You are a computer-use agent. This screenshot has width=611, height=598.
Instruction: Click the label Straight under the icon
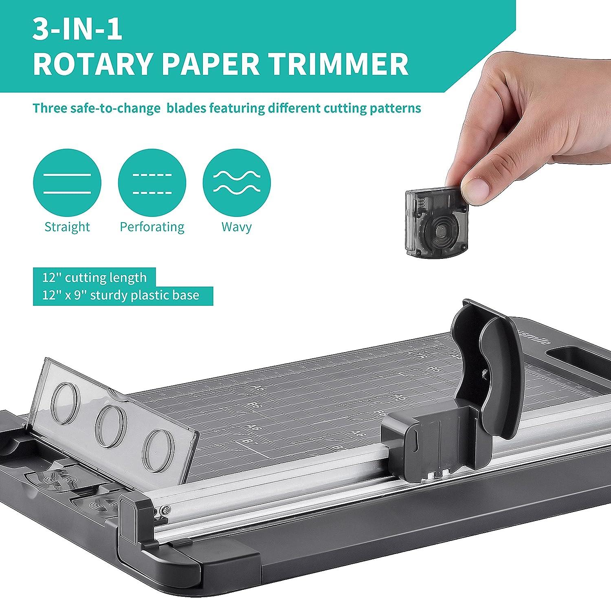point(67,227)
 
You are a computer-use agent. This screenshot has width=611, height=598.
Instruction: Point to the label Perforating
point(152,227)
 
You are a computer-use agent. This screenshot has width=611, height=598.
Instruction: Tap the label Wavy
point(237,227)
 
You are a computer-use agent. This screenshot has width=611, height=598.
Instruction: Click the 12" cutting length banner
point(94,278)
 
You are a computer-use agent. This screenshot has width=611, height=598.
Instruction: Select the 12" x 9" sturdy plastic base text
point(121,295)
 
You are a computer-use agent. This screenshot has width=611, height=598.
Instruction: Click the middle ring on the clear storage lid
point(111,425)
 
